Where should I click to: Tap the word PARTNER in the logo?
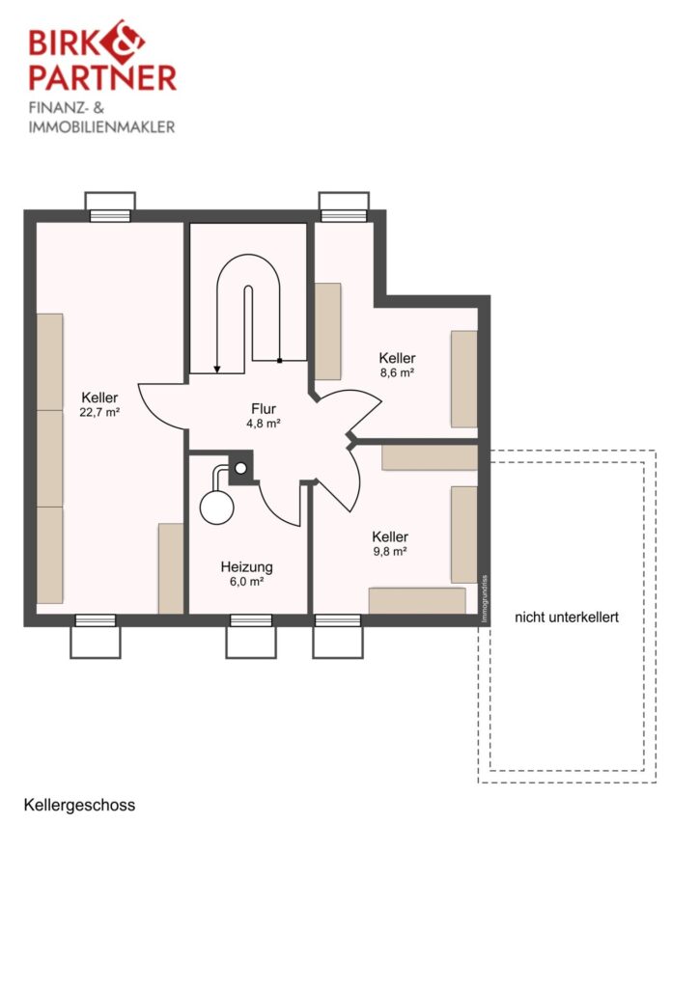pos(102,77)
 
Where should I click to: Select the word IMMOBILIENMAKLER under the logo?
pos(101,127)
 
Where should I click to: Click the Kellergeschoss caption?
pos(79,806)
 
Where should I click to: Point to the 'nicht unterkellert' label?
pos(567,617)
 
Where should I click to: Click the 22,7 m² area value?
pos(99,413)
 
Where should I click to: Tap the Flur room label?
pos(264,409)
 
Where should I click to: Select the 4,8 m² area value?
pos(264,425)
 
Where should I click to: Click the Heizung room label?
pos(246,567)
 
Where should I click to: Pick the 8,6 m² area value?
pos(397,372)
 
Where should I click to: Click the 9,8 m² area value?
pos(389,552)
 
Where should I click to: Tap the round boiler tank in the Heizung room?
pos(217,507)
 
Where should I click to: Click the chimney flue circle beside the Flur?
pos(240,468)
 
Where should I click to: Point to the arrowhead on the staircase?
pos(217,370)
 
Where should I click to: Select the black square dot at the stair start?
pos(279,361)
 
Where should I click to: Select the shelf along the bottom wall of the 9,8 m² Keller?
pos(417,600)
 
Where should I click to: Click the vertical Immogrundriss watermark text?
pos(484,599)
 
